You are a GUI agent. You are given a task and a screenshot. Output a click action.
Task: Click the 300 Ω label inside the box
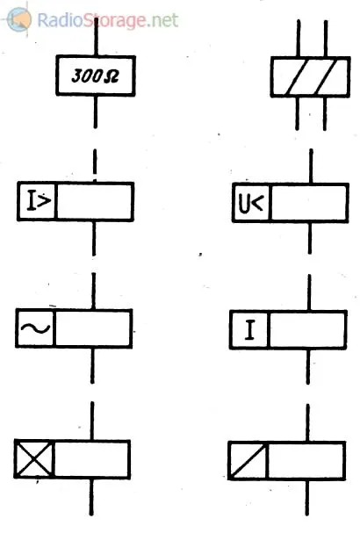point(95,76)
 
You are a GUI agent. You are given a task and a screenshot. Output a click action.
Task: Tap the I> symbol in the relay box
point(40,201)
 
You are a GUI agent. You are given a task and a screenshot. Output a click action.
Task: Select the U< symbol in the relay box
point(251,204)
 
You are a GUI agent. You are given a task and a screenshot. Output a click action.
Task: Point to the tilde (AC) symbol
point(35,328)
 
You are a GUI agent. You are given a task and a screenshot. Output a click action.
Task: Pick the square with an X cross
point(34,459)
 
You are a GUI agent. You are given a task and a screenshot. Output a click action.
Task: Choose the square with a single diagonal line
point(248,461)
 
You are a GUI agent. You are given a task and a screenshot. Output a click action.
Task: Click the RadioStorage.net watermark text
point(107,20)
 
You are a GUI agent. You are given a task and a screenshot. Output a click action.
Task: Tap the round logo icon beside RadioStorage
point(19,19)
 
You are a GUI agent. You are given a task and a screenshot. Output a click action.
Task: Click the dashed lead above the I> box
point(95,165)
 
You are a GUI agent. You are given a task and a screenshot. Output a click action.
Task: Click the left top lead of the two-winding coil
point(299,39)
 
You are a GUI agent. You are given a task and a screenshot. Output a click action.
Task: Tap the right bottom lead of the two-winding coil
point(325,114)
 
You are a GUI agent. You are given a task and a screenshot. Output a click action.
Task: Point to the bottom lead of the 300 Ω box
point(96,112)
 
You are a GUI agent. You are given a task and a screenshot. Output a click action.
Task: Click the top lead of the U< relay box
point(311,166)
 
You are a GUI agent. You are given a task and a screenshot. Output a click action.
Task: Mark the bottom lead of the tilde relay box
point(92,365)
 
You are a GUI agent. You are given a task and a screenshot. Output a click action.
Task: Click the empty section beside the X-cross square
point(92,459)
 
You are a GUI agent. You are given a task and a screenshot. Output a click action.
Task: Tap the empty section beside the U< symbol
point(309,203)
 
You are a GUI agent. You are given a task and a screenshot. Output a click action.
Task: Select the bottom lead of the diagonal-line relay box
point(307,497)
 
